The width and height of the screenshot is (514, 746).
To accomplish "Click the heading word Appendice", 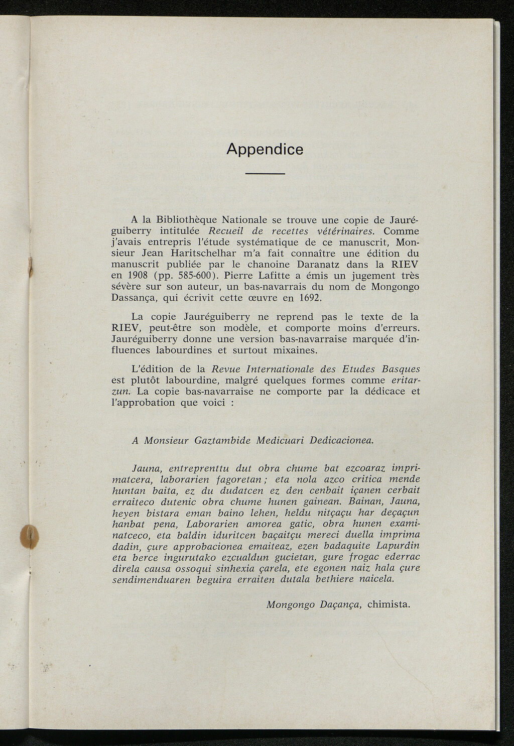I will click(x=265, y=149).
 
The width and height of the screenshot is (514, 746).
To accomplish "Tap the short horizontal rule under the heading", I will click(x=265, y=174).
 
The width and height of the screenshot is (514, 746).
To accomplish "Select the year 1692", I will click(x=302, y=298).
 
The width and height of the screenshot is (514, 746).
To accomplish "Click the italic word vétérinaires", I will click(x=346, y=231).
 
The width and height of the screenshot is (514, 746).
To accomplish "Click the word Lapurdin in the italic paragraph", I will click(x=396, y=546).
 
